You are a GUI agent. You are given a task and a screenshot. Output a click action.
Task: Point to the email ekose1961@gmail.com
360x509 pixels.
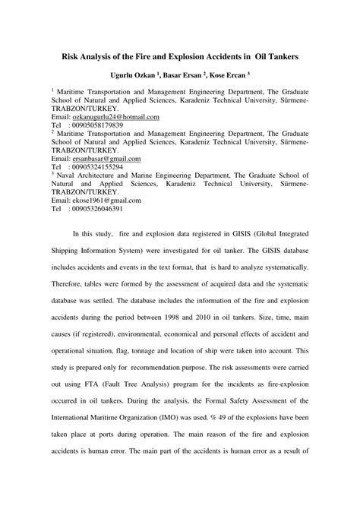pyautogui.click(x=106, y=201)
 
